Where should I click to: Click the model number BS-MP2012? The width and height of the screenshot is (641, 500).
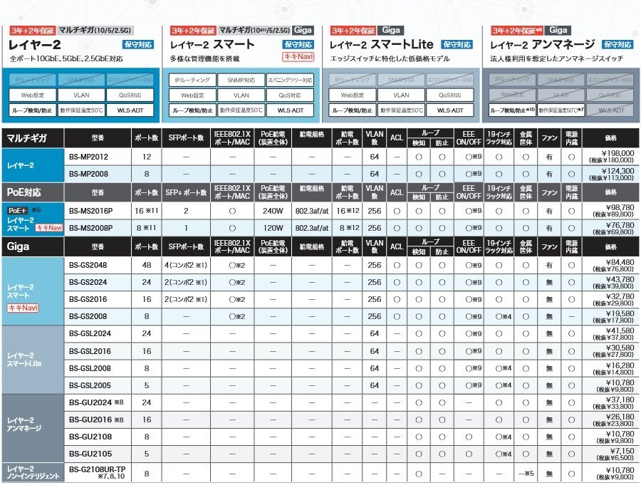(x=89, y=156)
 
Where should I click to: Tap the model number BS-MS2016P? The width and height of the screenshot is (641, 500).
(x=91, y=210)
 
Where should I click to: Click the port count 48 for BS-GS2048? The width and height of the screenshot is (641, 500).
(x=147, y=264)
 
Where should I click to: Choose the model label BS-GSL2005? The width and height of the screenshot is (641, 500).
(x=90, y=385)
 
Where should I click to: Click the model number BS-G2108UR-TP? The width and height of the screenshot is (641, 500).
(x=97, y=469)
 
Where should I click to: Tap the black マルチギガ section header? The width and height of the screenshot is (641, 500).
(x=33, y=138)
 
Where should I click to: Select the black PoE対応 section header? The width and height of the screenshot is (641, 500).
(x=33, y=192)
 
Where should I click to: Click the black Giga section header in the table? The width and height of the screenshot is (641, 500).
(x=33, y=246)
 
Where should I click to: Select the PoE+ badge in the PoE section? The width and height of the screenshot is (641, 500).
(x=17, y=211)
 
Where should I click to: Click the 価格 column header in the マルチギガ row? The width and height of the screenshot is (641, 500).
(x=610, y=138)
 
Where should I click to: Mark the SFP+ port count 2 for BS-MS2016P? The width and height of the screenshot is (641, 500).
(x=185, y=211)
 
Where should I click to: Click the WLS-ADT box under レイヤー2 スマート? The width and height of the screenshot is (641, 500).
(x=290, y=110)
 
